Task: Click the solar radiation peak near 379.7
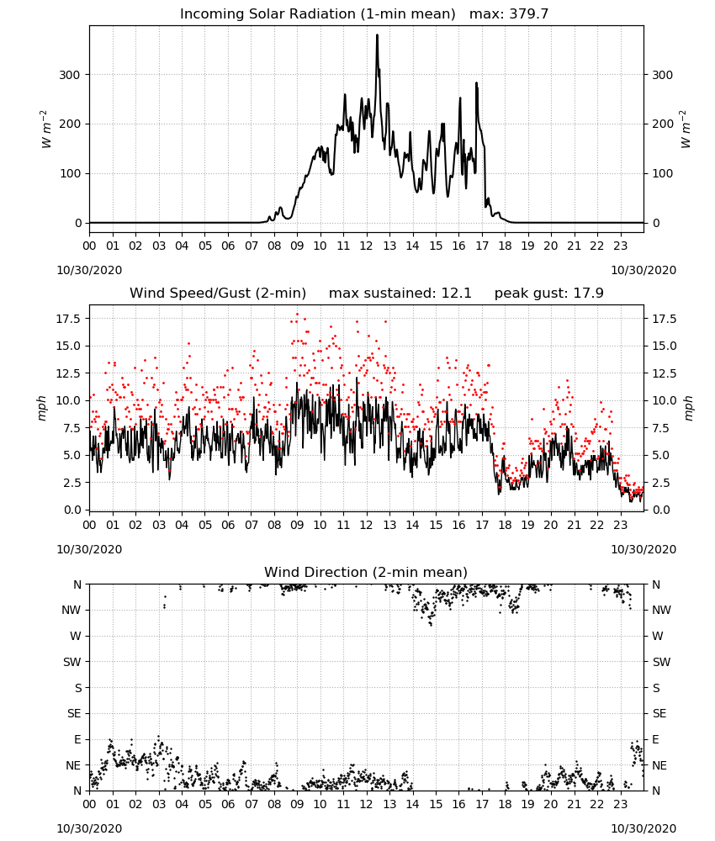coord(377,35)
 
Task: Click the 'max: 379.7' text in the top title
coord(509,13)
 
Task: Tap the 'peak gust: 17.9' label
coord(548,293)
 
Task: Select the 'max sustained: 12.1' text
coord(400,293)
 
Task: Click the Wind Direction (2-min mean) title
coord(366,572)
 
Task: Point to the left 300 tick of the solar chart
coord(70,75)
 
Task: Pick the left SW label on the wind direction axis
coord(72,662)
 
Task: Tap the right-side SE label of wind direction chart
coord(659,713)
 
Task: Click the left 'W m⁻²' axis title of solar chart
coord(46,130)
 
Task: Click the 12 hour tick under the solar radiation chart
coord(366,246)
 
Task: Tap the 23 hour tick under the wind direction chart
coord(620,805)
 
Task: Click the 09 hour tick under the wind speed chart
coord(297,525)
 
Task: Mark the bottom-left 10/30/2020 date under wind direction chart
coord(89,828)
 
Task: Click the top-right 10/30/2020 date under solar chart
coord(643,270)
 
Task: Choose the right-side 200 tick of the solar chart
coord(663,124)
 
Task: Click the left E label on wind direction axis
coord(77,739)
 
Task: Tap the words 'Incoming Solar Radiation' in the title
coord(267,13)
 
